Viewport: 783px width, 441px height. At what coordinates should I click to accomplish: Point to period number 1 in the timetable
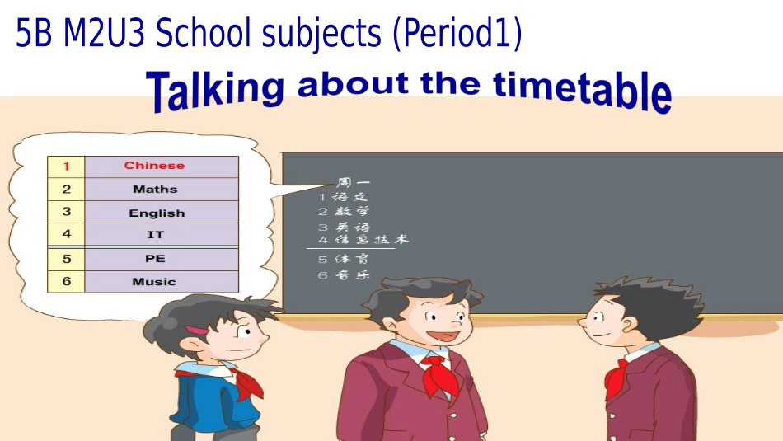click(x=67, y=166)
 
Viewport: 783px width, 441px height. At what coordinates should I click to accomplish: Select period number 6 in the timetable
click(x=67, y=281)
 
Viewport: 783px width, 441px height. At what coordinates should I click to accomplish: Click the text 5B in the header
click(x=34, y=34)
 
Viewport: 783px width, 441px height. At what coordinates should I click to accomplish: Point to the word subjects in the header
click(x=326, y=34)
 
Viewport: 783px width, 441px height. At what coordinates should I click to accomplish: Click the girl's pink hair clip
click(x=196, y=330)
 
